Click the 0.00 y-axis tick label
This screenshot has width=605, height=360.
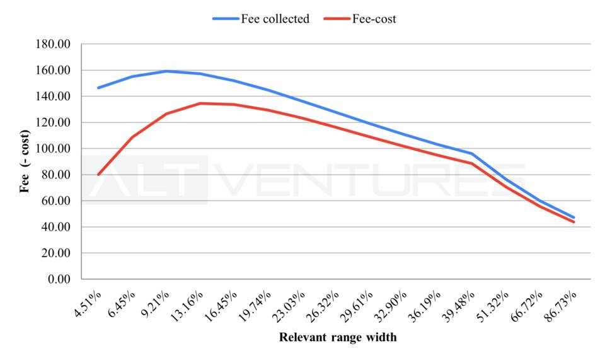click(x=60, y=279)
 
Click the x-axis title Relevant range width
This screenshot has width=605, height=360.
click(x=338, y=337)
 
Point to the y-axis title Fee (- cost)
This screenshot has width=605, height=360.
click(x=25, y=161)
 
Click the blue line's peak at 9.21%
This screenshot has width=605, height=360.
click(x=166, y=71)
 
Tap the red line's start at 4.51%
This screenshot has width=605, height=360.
click(x=98, y=175)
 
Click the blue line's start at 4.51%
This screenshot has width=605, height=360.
click(x=98, y=88)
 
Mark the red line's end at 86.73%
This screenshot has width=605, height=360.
click(x=574, y=222)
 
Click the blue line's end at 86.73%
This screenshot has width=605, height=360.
click(x=574, y=218)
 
